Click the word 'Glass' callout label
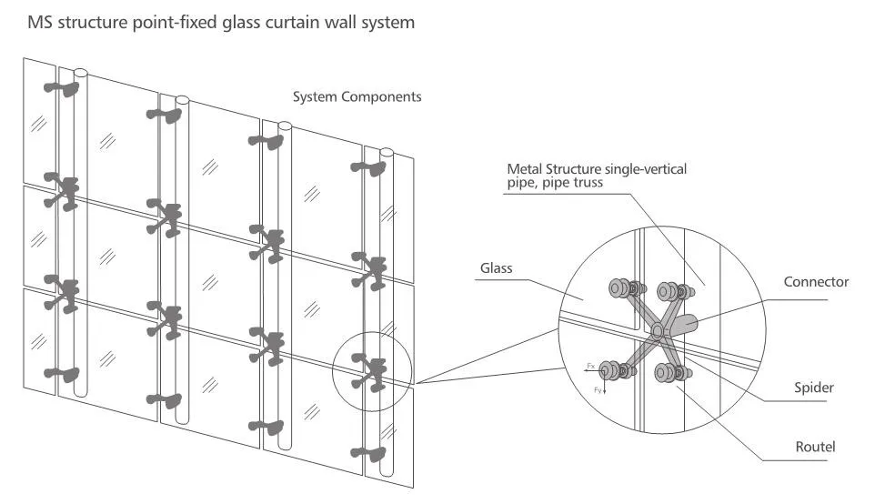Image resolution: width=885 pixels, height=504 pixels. tap(498, 268)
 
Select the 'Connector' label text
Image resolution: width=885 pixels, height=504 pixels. tap(816, 282)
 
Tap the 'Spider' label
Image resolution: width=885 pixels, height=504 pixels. tap(812, 388)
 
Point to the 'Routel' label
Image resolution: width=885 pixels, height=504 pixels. tap(814, 447)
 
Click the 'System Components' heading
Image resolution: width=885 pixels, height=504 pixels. tap(357, 96)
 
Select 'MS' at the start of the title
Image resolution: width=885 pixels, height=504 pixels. tap(41, 22)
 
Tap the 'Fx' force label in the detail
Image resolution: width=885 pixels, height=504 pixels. tap(590, 366)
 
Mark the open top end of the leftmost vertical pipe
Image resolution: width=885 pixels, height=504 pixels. tap(80, 71)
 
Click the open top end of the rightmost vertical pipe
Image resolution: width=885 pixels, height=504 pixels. tap(386, 151)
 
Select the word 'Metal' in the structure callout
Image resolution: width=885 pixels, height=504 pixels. tap(525, 169)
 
